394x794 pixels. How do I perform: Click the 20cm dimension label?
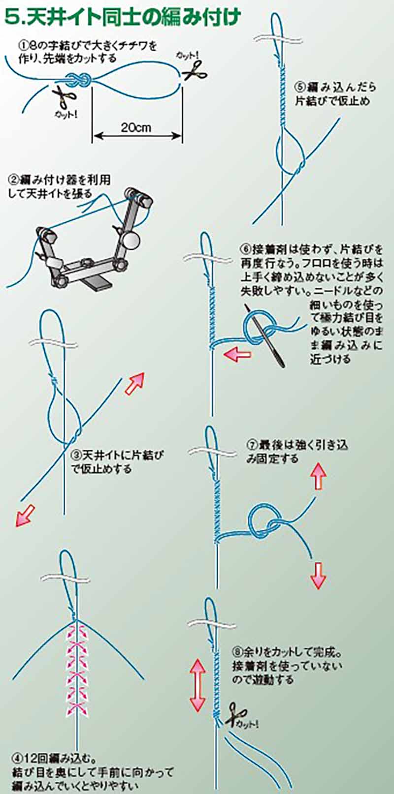136,128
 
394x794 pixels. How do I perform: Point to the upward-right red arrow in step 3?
135,383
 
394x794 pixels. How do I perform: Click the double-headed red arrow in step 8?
198,685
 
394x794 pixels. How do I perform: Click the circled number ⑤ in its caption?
301,87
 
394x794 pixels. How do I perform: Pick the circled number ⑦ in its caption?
252,445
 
